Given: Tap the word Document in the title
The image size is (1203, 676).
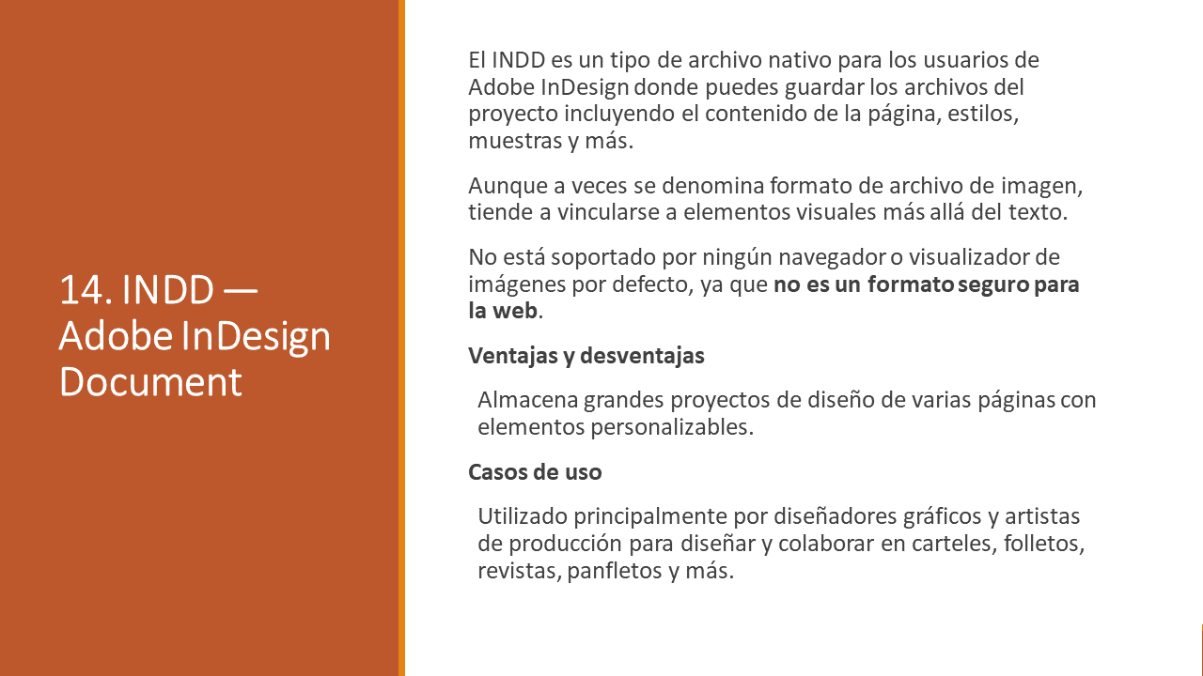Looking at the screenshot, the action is [150, 382].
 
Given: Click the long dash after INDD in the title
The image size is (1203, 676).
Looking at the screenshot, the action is [240, 291].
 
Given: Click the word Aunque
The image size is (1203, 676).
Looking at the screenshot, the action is [508, 187].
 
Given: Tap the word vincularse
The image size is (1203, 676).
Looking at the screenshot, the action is [608, 212].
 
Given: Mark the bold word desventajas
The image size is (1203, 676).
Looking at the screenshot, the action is [642, 356].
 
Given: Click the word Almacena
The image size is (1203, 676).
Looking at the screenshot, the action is [528, 400].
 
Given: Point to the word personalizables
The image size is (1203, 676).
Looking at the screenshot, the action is [672, 428].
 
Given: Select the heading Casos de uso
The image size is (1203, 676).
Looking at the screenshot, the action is [535, 472].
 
